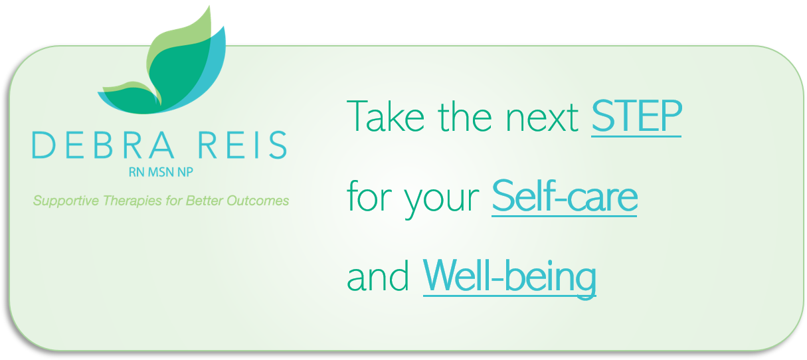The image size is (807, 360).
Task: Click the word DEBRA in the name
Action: pyautogui.click(x=104, y=145)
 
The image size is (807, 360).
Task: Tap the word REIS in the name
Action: pyautogui.click(x=242, y=145)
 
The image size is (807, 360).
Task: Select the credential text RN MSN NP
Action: pyautogui.click(x=161, y=172)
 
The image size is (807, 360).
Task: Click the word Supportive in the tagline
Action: pyautogui.click(x=66, y=201)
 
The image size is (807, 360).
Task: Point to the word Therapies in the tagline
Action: pyautogui.click(x=132, y=201)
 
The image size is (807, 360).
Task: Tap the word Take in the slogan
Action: pyautogui.click(x=385, y=116)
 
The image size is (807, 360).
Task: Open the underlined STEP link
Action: pyautogui.click(x=636, y=117)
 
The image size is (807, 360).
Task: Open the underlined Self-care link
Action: pyautogui.click(x=565, y=197)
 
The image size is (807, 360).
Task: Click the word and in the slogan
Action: pyautogui.click(x=378, y=277)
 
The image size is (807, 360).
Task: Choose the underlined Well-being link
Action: pyautogui.click(x=509, y=278)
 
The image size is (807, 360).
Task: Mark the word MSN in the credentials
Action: pyautogui.click(x=161, y=172)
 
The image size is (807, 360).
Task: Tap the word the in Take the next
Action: pyautogui.click(x=465, y=116)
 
